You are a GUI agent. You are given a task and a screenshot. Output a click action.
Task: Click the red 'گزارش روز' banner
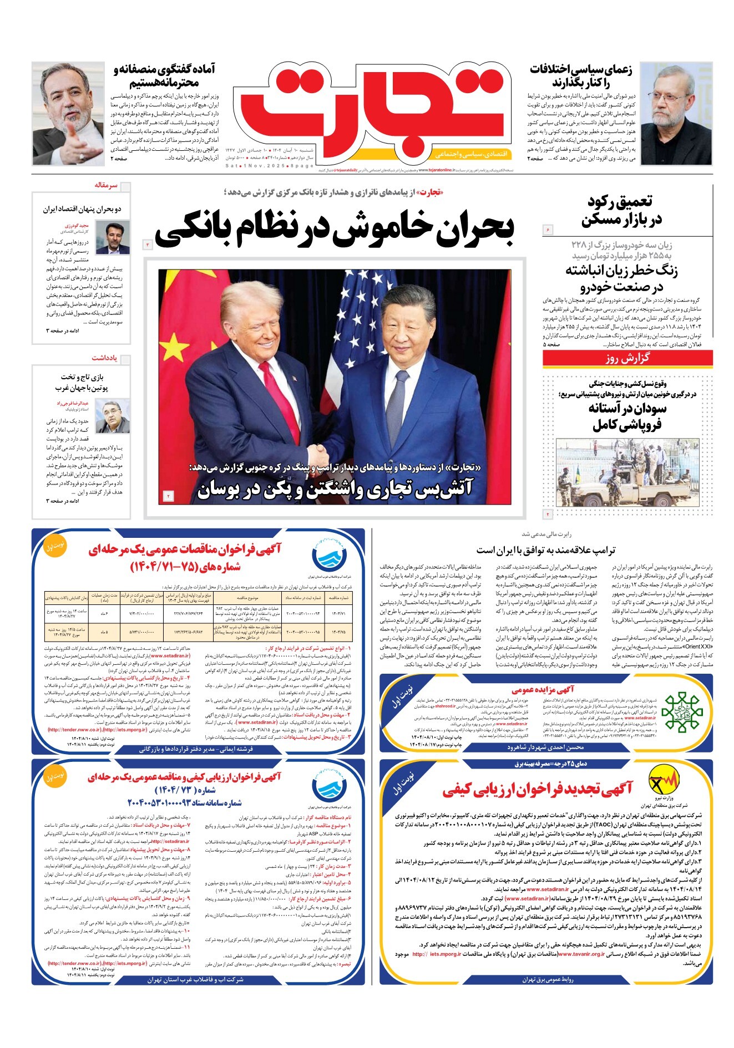pos(627,358)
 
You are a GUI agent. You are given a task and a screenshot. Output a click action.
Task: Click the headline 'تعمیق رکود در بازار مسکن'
pos(621,211)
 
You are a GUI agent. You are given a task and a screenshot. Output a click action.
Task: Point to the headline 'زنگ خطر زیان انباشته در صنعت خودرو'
pos(621,278)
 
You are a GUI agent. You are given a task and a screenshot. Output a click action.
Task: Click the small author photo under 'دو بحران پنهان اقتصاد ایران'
pos(109,237)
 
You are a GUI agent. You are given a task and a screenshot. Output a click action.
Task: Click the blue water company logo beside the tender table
pos(328,555)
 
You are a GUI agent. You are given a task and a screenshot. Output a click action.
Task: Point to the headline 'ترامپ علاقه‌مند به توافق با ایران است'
pos(545,550)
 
